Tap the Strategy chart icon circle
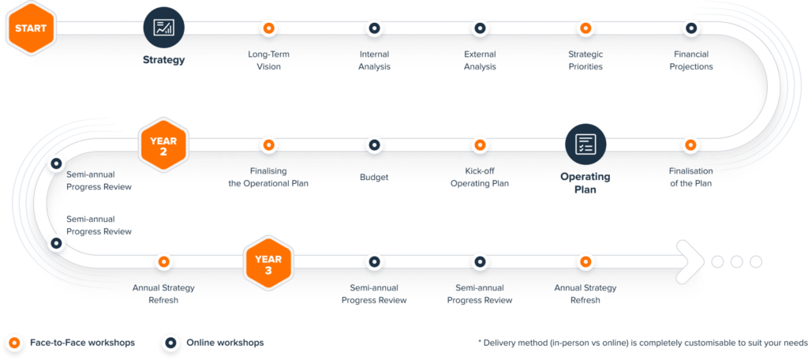coord(163,28)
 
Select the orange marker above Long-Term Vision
coord(268,28)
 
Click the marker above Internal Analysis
coord(374,28)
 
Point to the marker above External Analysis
coord(479,28)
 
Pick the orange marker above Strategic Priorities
coord(585,28)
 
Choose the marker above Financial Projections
coord(691,28)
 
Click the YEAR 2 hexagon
coord(163,144)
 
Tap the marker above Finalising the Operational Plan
coord(268,144)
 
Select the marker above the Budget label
coord(374,144)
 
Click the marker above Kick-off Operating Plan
coord(479,144)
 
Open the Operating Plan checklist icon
coord(585,144)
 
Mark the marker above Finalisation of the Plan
coord(691,144)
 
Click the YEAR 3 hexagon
coord(268,261)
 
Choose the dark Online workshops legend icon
coord(169,343)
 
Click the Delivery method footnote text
coord(639,343)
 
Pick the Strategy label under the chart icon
coord(163,59)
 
